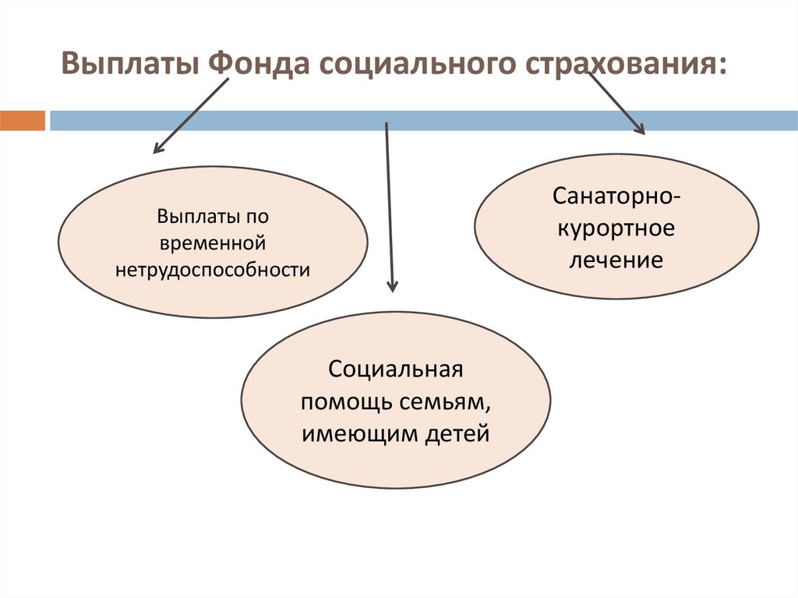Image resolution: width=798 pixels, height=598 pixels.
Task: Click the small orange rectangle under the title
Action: click(x=23, y=121)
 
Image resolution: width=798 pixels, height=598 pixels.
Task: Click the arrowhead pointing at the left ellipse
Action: click(x=158, y=147)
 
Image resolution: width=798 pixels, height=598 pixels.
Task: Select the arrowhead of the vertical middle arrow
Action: click(x=391, y=286)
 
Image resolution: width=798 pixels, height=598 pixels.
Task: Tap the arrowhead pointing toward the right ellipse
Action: click(x=639, y=129)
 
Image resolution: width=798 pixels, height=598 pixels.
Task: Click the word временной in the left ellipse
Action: click(x=213, y=242)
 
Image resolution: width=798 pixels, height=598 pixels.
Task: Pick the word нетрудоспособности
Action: click(x=213, y=270)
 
